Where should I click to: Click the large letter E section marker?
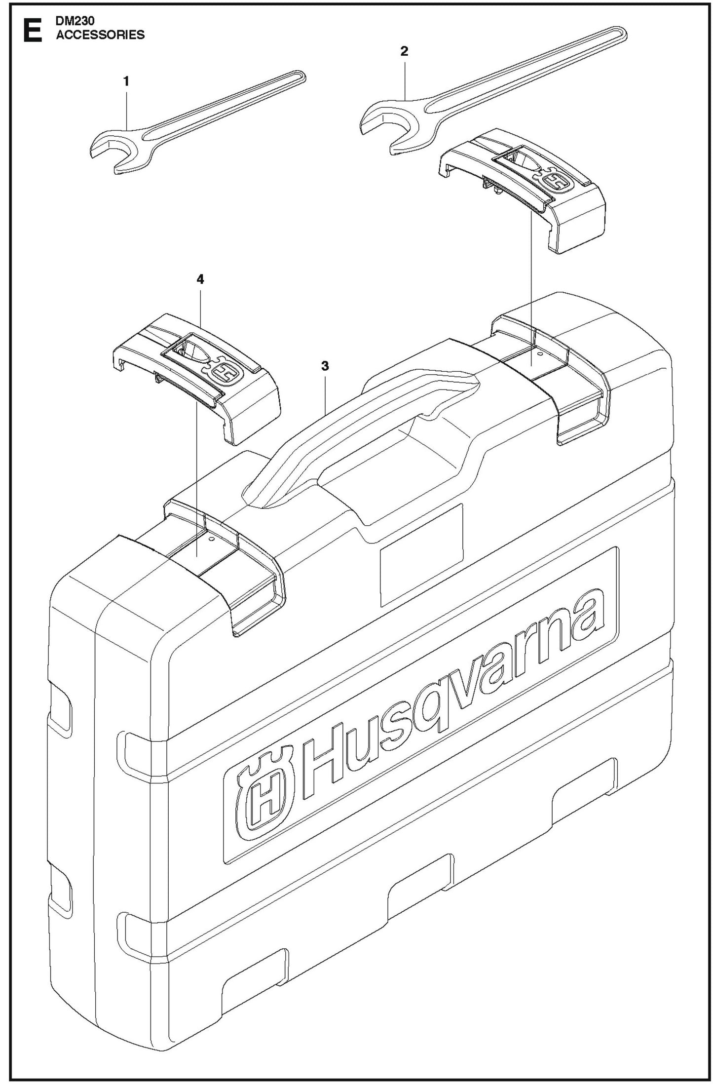tap(32, 31)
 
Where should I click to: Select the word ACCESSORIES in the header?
tap(100, 35)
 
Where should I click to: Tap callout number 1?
tap(126, 81)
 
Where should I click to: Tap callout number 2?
tap(404, 51)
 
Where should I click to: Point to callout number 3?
tap(325, 366)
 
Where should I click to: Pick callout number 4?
tap(200, 279)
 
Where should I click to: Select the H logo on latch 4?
tap(225, 372)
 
